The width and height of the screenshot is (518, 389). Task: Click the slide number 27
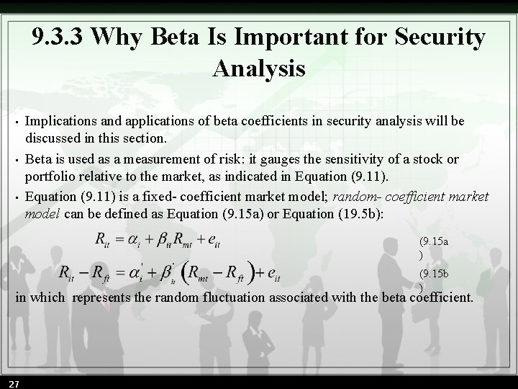click(x=14, y=382)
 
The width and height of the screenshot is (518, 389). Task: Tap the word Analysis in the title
click(x=259, y=69)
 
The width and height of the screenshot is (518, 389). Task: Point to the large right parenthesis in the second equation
click(x=255, y=273)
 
